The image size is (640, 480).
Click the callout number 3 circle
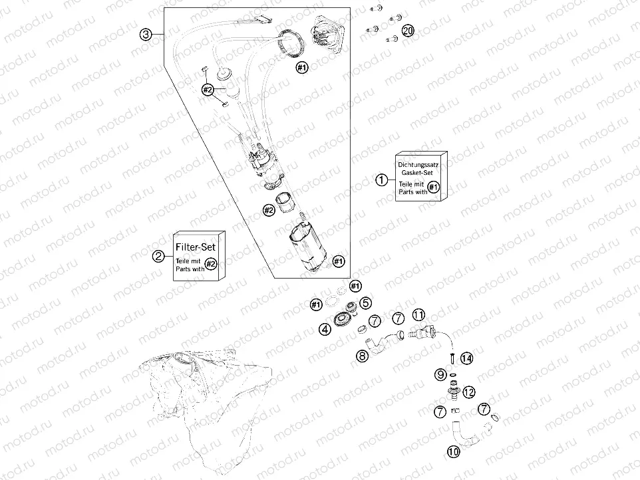click(146, 35)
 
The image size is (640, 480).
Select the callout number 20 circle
click(408, 30)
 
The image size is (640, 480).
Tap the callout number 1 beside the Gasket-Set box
click(382, 180)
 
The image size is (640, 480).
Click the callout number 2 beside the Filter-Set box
click(158, 256)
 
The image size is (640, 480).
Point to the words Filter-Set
click(196, 247)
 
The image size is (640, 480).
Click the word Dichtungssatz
click(418, 165)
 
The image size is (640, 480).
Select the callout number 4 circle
click(325, 329)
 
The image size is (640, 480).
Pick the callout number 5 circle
click(365, 302)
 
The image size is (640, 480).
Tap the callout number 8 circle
click(362, 356)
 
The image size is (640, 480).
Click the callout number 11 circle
click(418, 314)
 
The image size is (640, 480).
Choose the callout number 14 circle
click(466, 358)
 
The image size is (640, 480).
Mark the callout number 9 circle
click(440, 374)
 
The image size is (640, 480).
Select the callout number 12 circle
click(469, 392)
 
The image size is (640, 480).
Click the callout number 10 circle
click(454, 451)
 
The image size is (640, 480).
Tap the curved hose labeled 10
click(464, 435)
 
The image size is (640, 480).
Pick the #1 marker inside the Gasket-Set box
click(434, 187)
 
